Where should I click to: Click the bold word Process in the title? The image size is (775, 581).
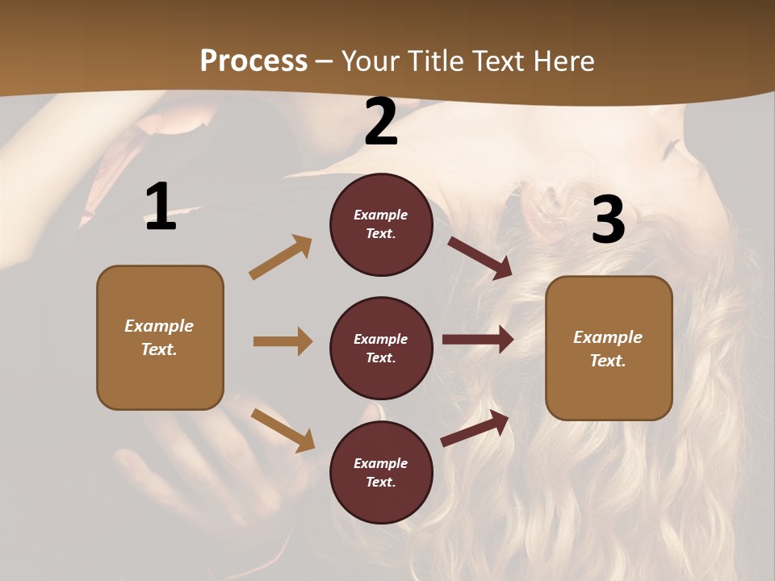point(253,61)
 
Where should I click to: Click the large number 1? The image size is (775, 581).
point(161,207)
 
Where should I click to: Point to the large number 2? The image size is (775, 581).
point(381,122)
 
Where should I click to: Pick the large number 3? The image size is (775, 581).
point(608,219)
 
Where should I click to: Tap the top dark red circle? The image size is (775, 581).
point(381,224)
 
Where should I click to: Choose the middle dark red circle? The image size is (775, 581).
point(381,349)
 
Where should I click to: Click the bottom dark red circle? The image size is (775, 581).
point(381,473)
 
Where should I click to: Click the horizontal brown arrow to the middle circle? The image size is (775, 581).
point(283,341)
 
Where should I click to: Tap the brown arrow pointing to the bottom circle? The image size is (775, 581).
point(283,430)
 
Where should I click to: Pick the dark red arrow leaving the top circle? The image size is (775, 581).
point(480,257)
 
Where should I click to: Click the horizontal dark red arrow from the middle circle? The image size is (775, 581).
point(478,340)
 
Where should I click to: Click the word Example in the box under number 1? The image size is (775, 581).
point(159,326)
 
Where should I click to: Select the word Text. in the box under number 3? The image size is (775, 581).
point(608,361)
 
